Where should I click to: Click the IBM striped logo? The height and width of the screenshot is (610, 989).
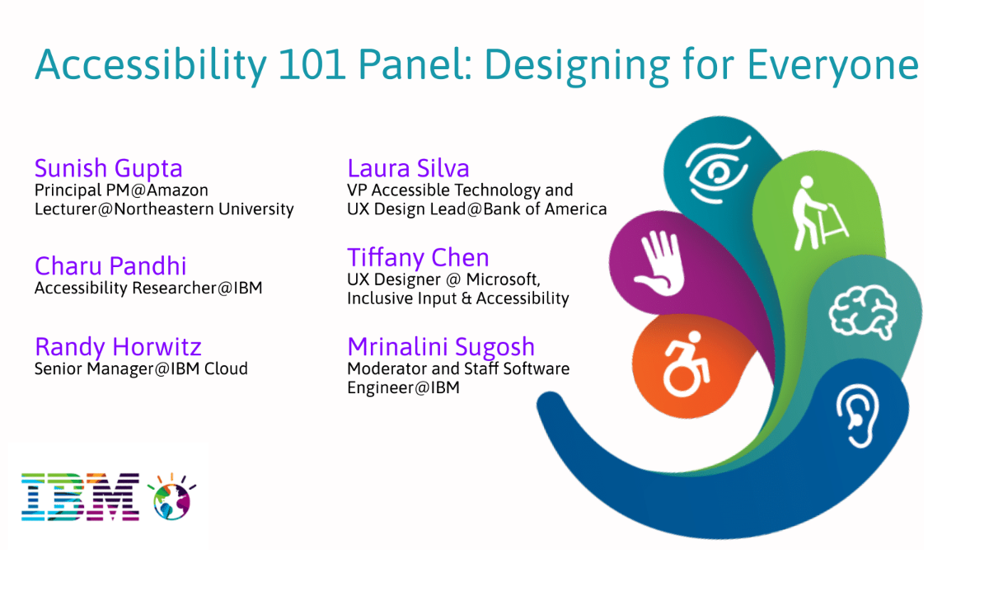click(80, 497)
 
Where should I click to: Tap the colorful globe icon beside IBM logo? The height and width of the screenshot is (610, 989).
click(172, 497)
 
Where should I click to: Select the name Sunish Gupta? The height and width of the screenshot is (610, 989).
click(108, 168)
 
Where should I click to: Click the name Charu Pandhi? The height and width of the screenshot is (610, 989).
click(110, 266)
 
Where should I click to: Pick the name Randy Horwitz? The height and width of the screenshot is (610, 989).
click(118, 346)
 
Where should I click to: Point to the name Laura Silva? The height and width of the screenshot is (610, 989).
click(408, 168)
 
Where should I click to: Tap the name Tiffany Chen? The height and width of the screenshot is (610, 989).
click(418, 257)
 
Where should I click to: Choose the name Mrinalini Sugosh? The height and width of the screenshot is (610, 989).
click(441, 346)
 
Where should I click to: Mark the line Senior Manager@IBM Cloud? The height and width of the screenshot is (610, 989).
click(141, 368)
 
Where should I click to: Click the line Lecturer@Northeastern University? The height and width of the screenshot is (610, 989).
click(164, 209)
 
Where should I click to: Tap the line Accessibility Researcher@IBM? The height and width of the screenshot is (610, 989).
click(148, 289)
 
